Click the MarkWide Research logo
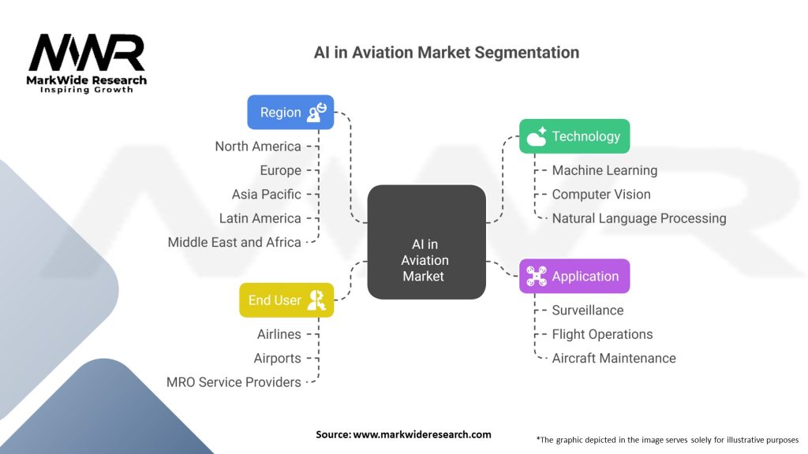click(x=87, y=63)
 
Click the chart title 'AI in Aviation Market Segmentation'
click(x=446, y=53)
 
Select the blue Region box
click(x=290, y=113)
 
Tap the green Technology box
click(x=574, y=136)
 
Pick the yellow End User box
click(x=286, y=300)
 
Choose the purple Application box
click(x=574, y=277)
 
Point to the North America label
click(x=258, y=147)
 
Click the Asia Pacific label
click(x=266, y=194)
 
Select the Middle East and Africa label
click(x=234, y=242)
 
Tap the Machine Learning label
click(x=604, y=170)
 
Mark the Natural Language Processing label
click(x=638, y=218)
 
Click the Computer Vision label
click(x=601, y=194)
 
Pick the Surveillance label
click(x=588, y=311)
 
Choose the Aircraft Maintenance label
click(x=614, y=358)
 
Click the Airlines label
click(x=279, y=334)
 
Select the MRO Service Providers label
click(x=234, y=382)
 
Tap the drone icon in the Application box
click(x=537, y=277)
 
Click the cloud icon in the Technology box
click(x=537, y=137)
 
